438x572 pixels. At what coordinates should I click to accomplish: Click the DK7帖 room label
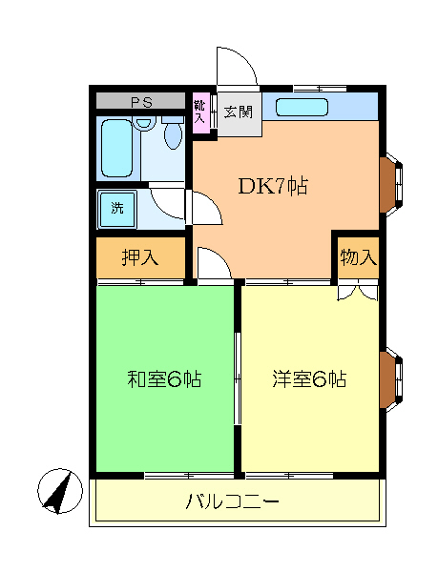pyautogui.click(x=272, y=186)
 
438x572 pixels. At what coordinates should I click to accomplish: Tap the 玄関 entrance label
pyautogui.click(x=238, y=111)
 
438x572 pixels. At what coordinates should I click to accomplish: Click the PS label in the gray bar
pyautogui.click(x=141, y=101)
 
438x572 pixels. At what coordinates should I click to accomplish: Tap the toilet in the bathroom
pyautogui.click(x=173, y=136)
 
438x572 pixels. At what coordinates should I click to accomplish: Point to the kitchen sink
pyautogui.click(x=302, y=107)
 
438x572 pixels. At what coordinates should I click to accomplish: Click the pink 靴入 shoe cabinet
pyautogui.click(x=200, y=112)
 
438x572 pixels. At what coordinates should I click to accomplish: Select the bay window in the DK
pyautogui.click(x=390, y=184)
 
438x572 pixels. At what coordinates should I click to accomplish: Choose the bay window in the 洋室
pyautogui.click(x=390, y=379)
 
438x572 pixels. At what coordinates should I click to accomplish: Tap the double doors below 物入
pyautogui.click(x=357, y=291)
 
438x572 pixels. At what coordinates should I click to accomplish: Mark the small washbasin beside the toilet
pyautogui.click(x=145, y=123)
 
